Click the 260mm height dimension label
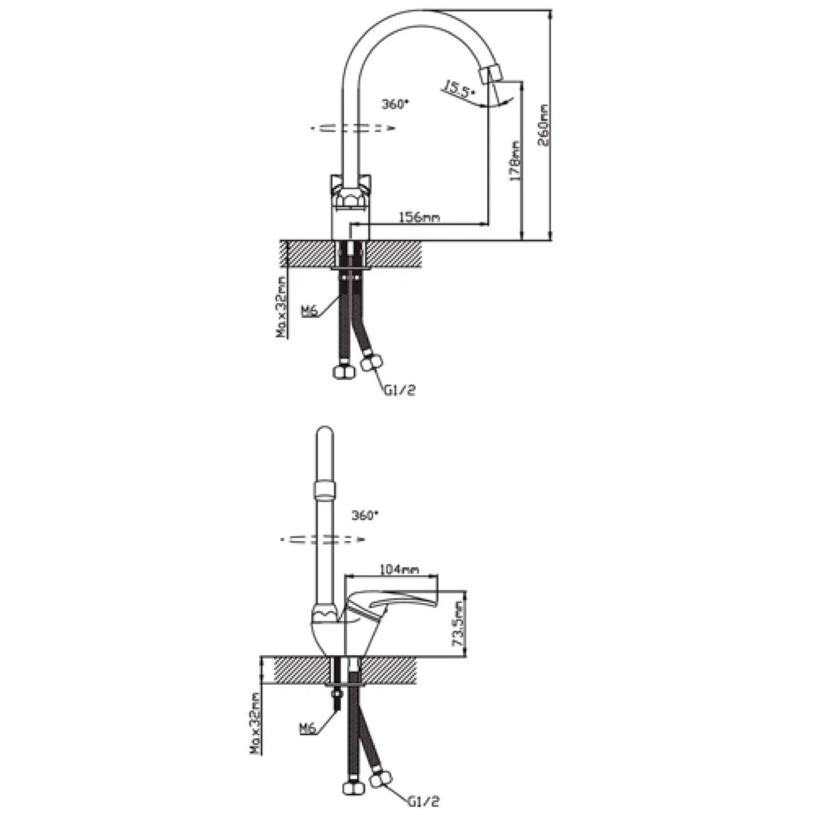point(544,125)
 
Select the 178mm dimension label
point(516,161)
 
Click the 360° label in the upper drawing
point(396,104)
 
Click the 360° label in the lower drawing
point(365,515)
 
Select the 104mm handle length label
point(400,570)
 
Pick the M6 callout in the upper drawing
point(309,312)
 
